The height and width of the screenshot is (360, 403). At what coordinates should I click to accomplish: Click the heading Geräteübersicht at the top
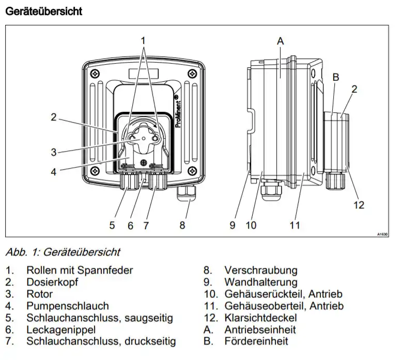coord(44,11)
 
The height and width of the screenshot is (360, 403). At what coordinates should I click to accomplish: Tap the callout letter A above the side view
coord(280,41)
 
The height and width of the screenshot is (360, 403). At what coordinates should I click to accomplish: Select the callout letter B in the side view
coord(336,77)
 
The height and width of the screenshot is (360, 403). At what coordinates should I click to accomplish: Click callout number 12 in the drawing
coord(359,205)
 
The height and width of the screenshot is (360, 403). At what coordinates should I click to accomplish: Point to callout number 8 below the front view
coord(182,225)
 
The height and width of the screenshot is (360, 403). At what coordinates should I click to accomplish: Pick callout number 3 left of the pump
coord(53,152)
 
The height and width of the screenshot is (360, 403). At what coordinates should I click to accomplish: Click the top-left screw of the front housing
coord(96,74)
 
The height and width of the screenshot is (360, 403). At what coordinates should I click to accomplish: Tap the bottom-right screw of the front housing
coord(192,170)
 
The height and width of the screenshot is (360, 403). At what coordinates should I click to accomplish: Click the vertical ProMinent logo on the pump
coord(178,111)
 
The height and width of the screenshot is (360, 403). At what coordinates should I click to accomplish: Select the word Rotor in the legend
coord(40,294)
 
